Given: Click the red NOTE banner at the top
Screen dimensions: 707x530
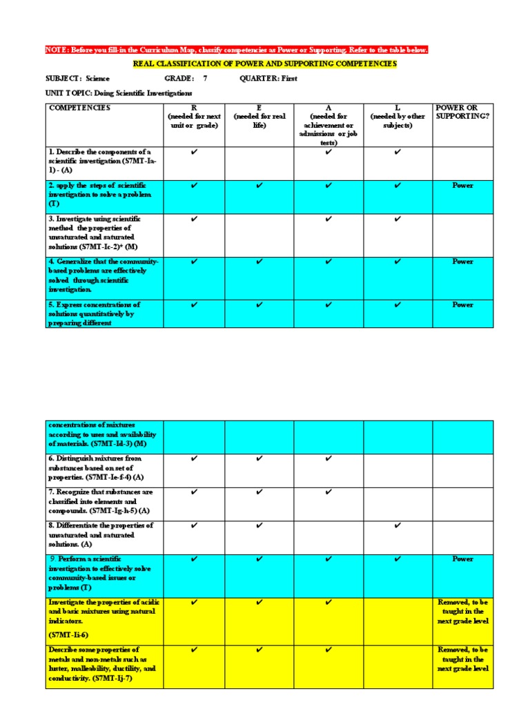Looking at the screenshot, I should click(237, 50).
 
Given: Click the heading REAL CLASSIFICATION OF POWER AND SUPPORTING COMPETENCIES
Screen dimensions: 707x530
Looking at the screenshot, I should click(264, 64).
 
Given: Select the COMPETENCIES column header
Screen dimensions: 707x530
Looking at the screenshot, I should click(79, 108).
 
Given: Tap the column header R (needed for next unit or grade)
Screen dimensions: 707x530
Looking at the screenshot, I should click(194, 117).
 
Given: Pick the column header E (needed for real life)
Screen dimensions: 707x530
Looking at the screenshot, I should click(259, 117).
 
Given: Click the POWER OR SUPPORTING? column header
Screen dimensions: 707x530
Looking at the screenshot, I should click(462, 113).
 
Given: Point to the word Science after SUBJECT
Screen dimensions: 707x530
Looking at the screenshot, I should click(98, 79).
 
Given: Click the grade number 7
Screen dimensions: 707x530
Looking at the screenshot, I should click(205, 79).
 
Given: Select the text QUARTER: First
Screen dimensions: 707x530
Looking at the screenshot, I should click(268, 79).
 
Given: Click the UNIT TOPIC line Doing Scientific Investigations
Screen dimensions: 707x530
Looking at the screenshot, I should click(119, 93).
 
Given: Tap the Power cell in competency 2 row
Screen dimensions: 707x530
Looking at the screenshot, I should click(462, 186).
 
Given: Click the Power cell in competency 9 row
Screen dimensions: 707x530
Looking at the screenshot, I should click(462, 559).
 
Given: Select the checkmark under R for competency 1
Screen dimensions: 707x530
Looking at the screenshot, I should click(194, 152).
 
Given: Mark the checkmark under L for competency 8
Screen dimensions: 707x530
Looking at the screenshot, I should click(397, 525).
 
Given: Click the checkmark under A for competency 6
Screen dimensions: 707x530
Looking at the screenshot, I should click(328, 458).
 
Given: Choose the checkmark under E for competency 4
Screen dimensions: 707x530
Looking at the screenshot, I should click(259, 261).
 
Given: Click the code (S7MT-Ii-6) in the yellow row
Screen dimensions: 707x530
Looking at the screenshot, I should click(68, 634).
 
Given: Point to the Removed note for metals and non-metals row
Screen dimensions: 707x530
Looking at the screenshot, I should click(462, 659).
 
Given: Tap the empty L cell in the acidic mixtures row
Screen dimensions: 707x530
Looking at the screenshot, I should click(397, 621).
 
